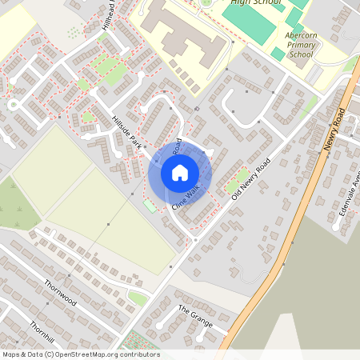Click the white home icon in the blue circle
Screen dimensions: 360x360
coord(180,173)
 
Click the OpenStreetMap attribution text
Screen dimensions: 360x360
coord(80,354)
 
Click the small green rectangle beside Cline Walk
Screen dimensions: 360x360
coord(150,206)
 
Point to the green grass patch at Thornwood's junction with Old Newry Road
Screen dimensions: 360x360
coord(138,298)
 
